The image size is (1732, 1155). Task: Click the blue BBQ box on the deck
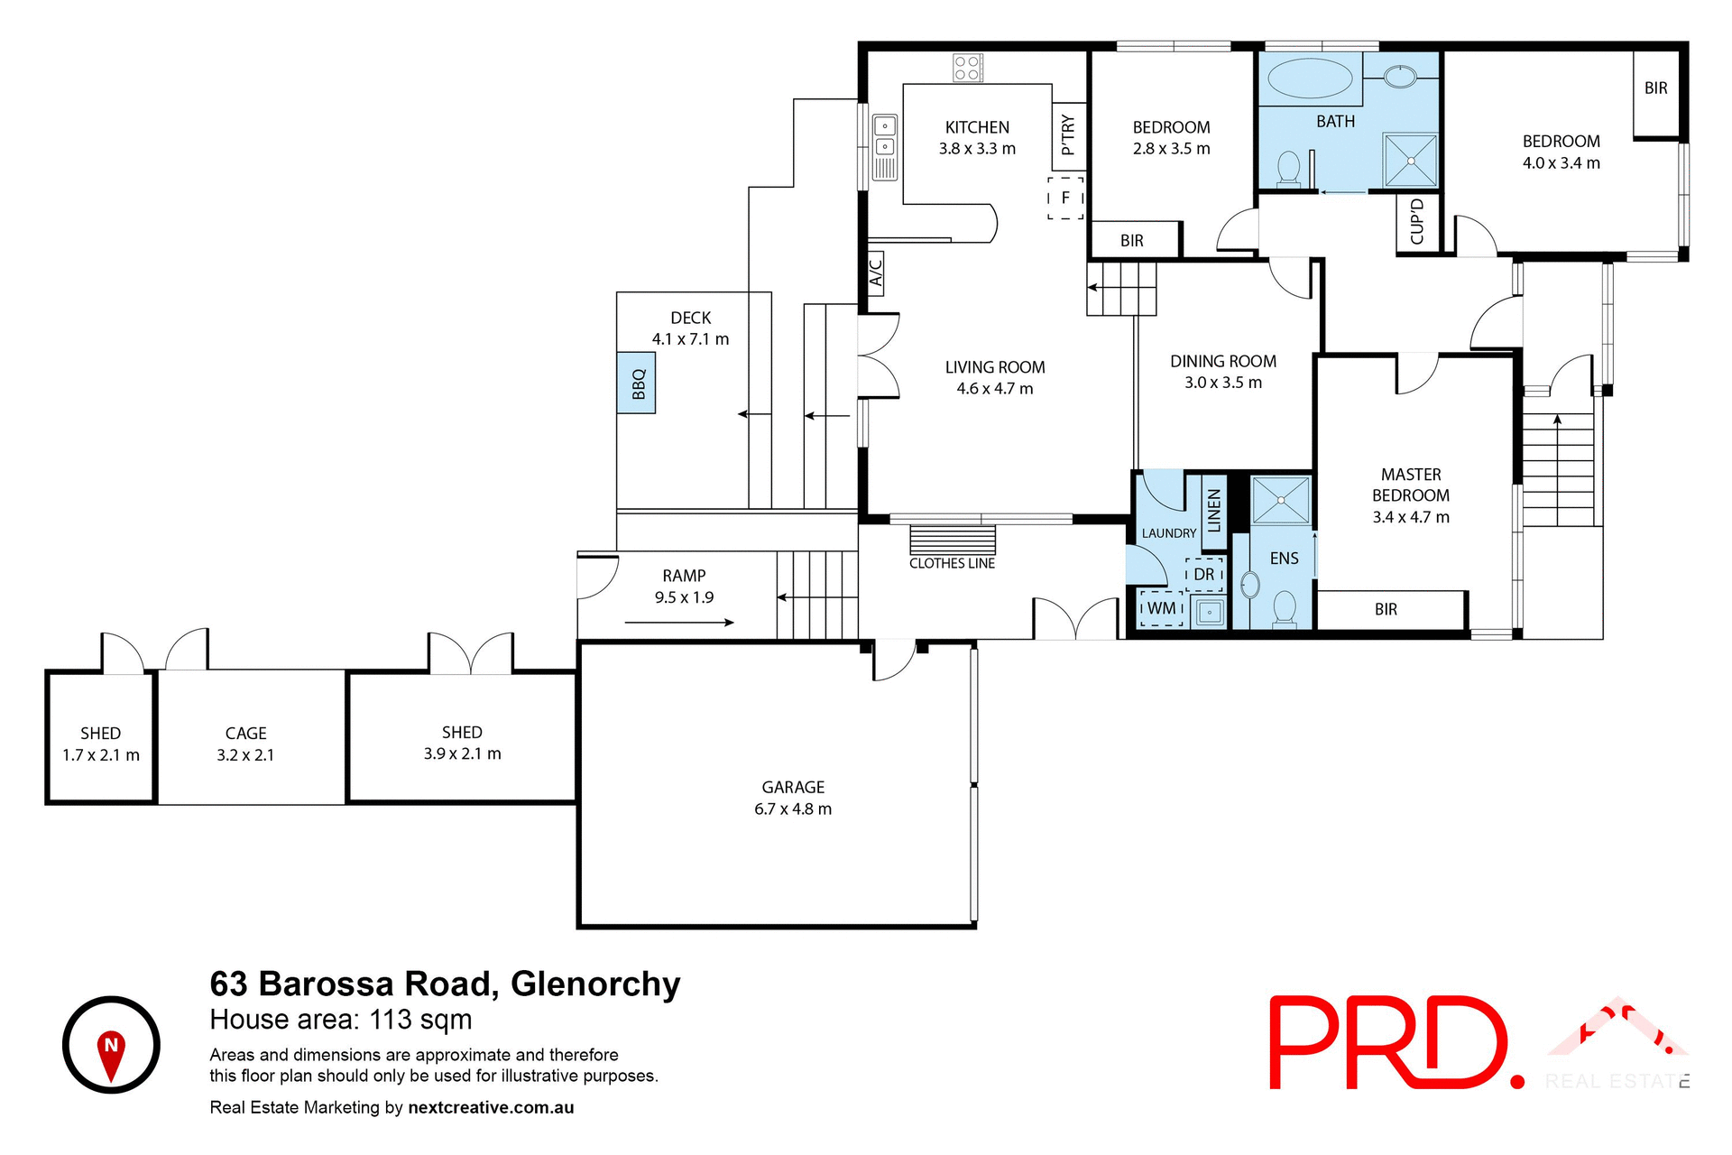click(636, 383)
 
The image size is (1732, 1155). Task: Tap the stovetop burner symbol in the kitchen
click(968, 68)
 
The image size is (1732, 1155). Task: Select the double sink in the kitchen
click(885, 147)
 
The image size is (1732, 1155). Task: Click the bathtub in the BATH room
click(1310, 79)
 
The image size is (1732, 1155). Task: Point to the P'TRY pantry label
click(1068, 135)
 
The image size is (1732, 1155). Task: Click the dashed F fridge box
click(1065, 198)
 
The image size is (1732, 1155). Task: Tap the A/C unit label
click(875, 273)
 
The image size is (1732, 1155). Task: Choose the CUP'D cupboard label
click(1417, 222)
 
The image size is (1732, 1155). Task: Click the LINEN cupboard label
click(1214, 510)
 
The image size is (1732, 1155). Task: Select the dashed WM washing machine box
click(1162, 608)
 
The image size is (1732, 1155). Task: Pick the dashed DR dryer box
click(1204, 575)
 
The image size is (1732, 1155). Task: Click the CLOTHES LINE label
click(952, 563)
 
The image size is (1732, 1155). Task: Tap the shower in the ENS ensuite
click(1281, 500)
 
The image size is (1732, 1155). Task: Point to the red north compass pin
click(111, 1054)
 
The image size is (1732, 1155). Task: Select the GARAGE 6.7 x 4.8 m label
click(793, 799)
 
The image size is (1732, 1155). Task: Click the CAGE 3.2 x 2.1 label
click(245, 744)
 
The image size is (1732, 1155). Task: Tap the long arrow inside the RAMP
click(678, 622)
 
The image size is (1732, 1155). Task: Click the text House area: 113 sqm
click(341, 1020)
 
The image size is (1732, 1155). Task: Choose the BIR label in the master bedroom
click(1386, 610)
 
